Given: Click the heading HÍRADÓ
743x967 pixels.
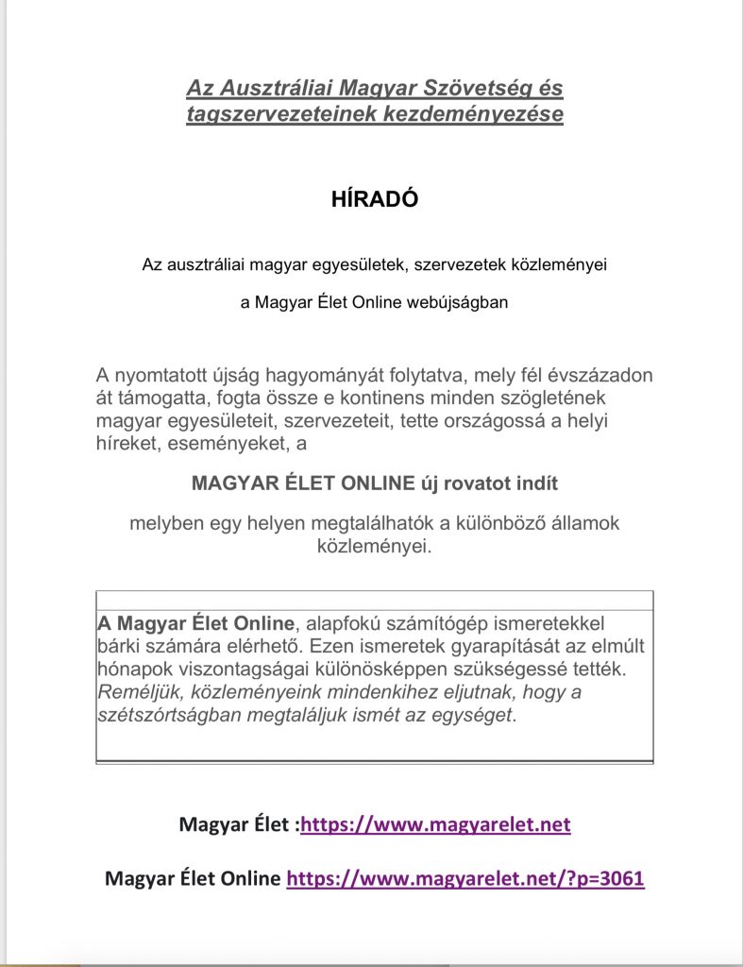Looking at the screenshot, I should click(x=375, y=199).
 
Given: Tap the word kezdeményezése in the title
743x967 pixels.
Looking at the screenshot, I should click(x=482, y=114).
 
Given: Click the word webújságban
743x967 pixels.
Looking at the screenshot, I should click(x=457, y=304).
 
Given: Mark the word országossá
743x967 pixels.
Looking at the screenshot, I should click(x=501, y=419).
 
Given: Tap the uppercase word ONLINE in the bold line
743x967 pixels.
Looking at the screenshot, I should click(x=364, y=483).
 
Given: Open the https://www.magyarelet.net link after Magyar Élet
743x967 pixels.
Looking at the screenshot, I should click(x=435, y=824).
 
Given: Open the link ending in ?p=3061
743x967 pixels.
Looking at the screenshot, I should click(x=465, y=878).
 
